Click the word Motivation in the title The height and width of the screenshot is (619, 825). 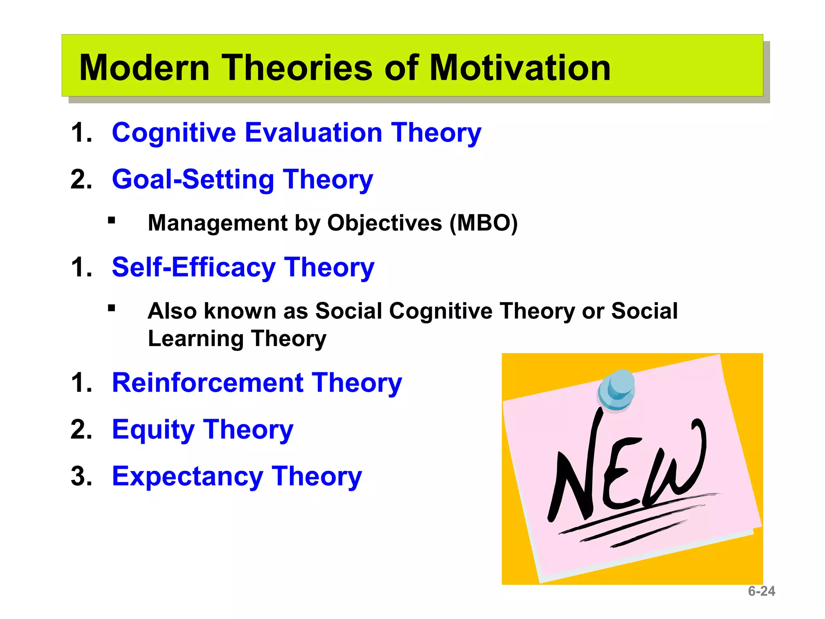tap(520, 68)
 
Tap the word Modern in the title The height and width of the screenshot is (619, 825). tap(144, 68)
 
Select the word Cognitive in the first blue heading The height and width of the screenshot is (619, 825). tap(174, 133)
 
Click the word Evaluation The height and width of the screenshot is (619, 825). tap(313, 133)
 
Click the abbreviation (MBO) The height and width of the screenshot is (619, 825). tap(483, 223)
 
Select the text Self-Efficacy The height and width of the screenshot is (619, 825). tap(193, 267)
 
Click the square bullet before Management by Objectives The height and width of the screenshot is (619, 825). tap(112, 220)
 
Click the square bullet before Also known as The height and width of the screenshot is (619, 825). tap(112, 308)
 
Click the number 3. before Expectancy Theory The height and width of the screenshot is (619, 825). tap(81, 476)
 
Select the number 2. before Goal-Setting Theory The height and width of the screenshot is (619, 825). tap(81, 179)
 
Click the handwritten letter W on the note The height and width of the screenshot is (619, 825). tap(677, 463)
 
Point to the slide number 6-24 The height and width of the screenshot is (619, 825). tap(761, 591)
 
